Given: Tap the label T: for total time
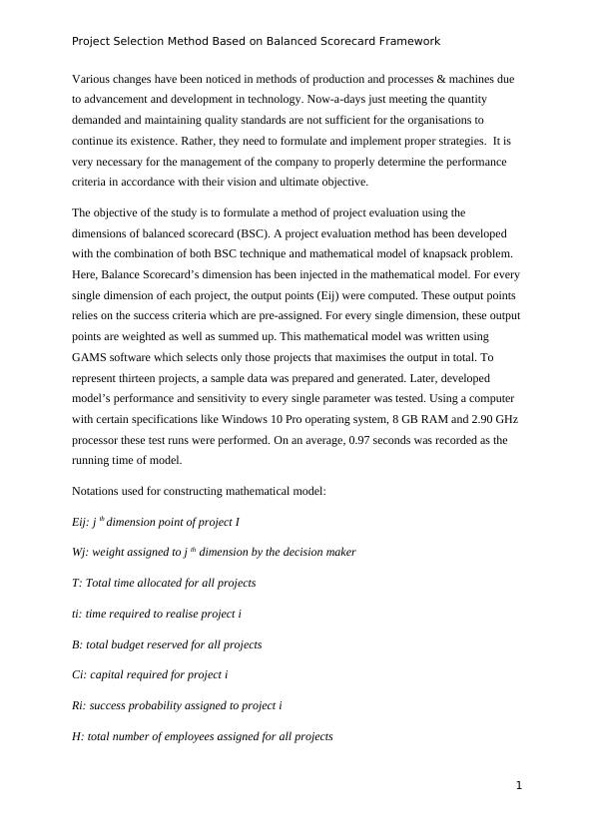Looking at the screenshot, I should pyautogui.click(x=78, y=583).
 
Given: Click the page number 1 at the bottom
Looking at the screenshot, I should pyautogui.click(x=519, y=786).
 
